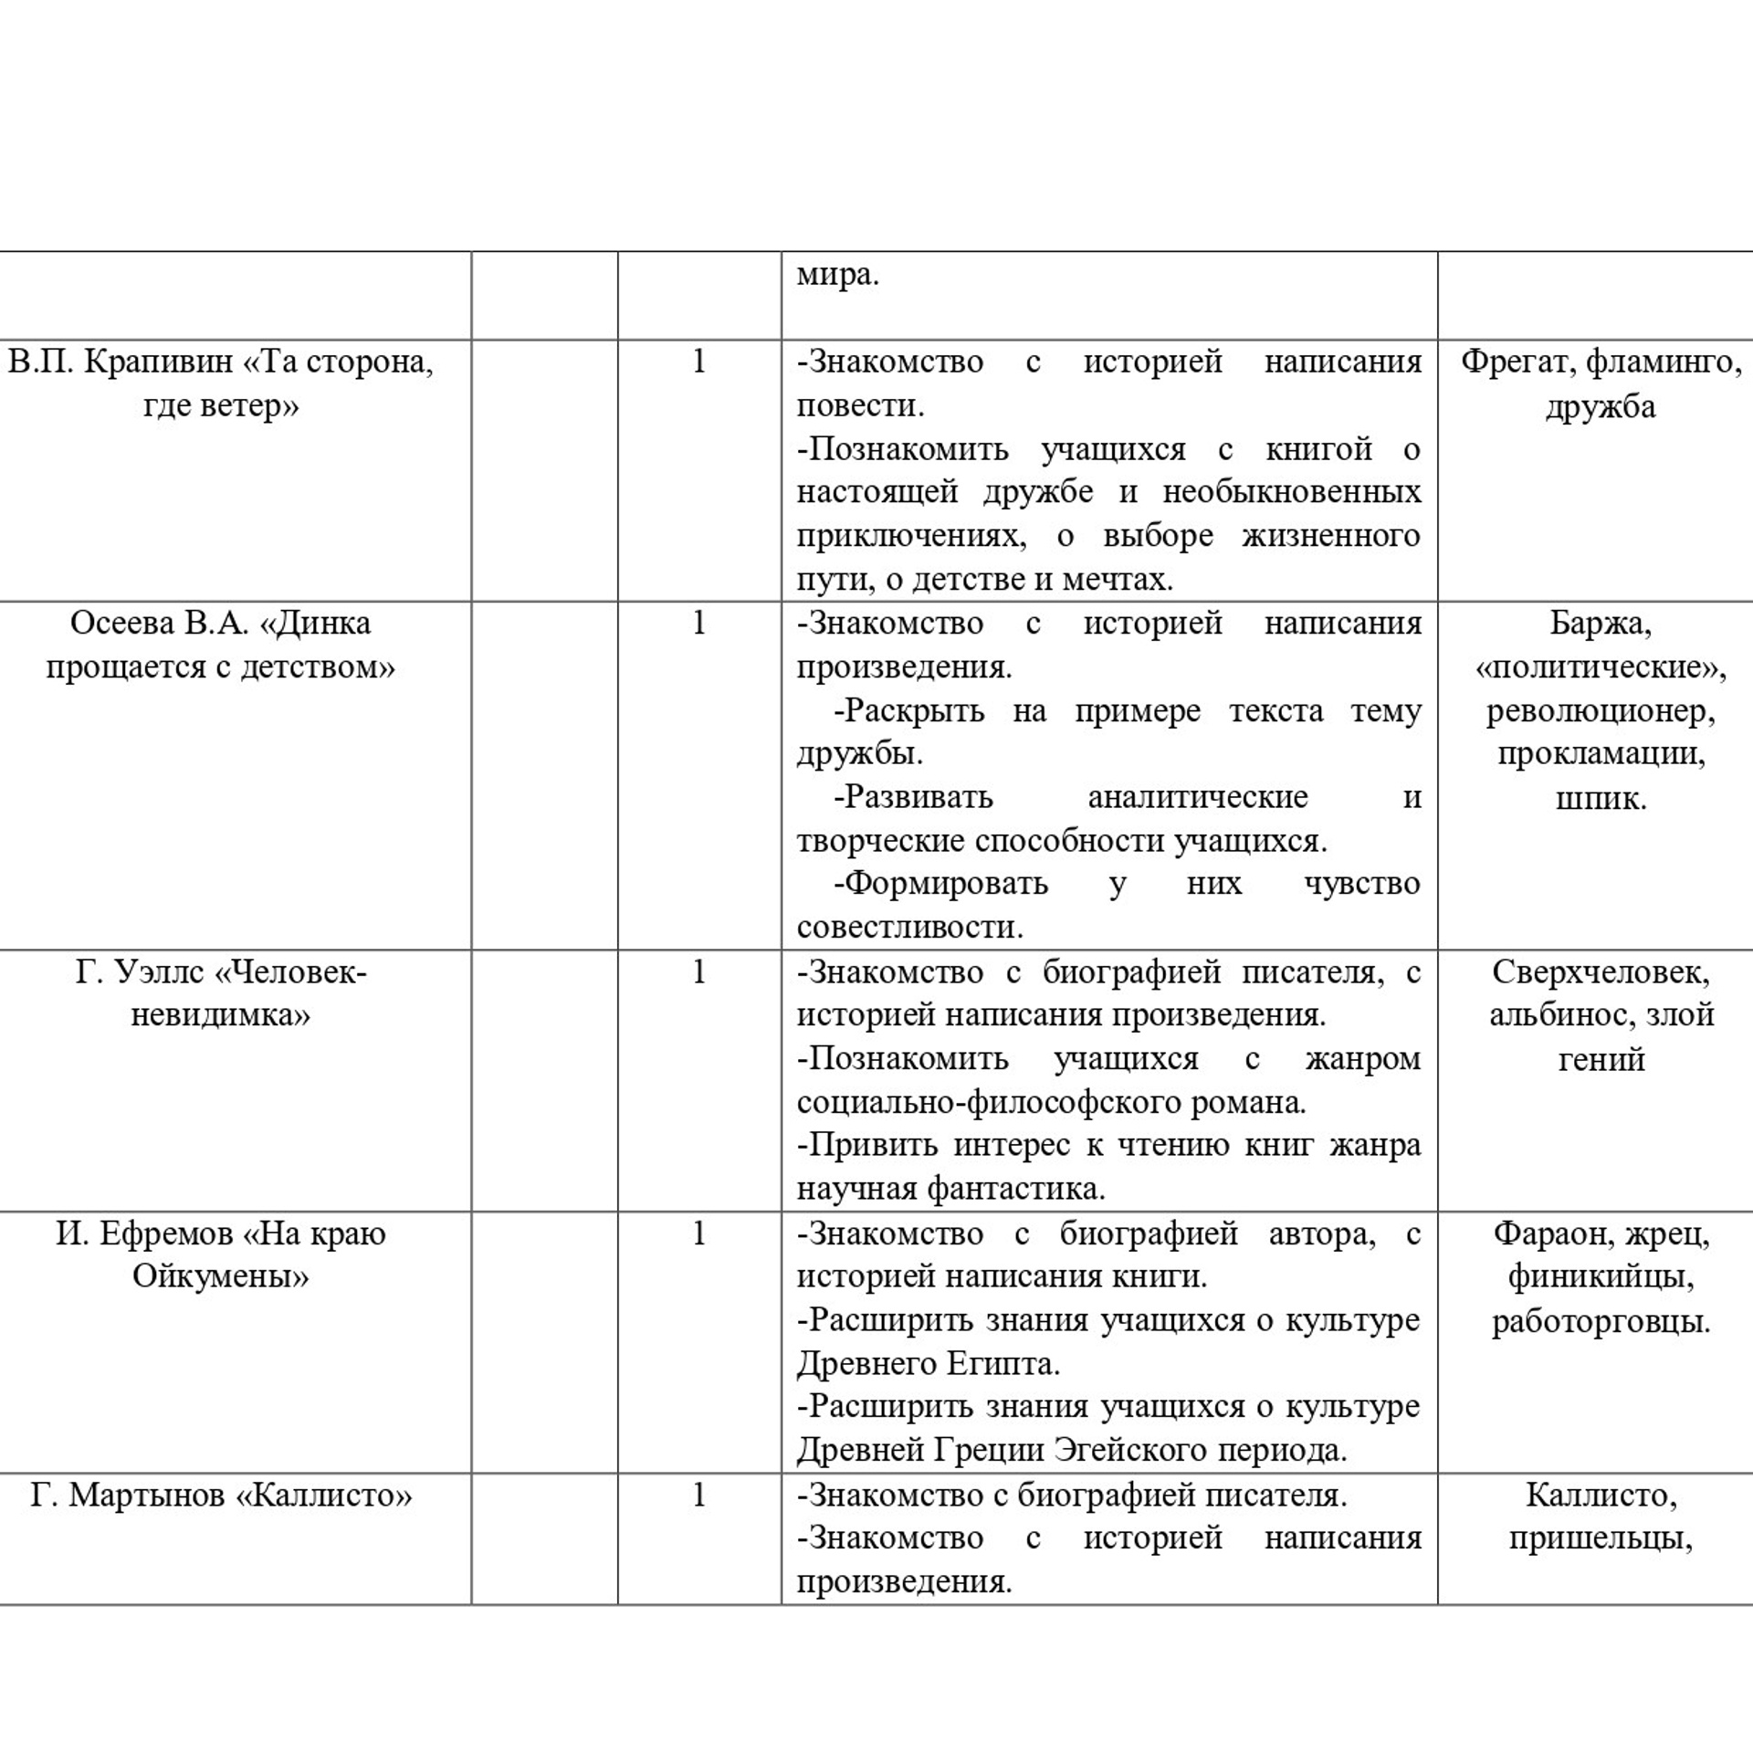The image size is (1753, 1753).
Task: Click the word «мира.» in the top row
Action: tap(837, 275)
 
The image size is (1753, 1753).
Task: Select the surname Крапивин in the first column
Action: tap(159, 362)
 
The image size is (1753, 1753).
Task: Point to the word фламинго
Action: tap(1664, 362)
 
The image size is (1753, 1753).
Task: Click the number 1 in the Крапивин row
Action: tap(699, 362)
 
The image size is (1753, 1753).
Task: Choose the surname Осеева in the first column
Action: tap(122, 624)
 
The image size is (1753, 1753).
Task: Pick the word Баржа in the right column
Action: tap(1601, 624)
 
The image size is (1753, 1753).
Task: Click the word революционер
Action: tap(1601, 711)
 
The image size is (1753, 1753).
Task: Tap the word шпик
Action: tap(1601, 799)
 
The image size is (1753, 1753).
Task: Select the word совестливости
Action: tap(909, 928)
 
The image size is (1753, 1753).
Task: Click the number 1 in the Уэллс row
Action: tap(699, 972)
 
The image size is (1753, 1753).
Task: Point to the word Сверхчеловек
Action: tap(1601, 972)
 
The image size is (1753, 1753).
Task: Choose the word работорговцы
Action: tap(1601, 1321)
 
